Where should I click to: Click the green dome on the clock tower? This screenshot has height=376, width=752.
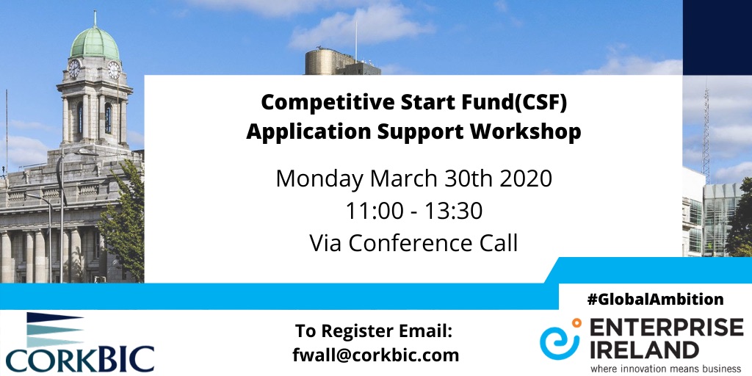(95, 43)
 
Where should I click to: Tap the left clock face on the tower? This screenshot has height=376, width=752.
(74, 69)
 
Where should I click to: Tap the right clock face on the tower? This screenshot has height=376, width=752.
(114, 70)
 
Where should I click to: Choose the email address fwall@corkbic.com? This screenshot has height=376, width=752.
(375, 355)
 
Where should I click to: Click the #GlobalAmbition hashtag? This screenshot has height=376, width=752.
(655, 300)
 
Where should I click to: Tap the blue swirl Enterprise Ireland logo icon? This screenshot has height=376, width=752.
(560, 338)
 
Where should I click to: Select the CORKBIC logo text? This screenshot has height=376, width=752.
(80, 358)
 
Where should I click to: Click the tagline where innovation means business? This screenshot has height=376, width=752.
(665, 369)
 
